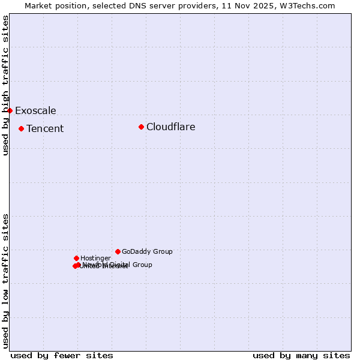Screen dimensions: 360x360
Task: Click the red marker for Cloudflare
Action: pyautogui.click(x=141, y=127)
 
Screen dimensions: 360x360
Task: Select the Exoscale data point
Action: pyautogui.click(x=10, y=110)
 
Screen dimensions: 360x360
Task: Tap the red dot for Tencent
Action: pyautogui.click(x=21, y=128)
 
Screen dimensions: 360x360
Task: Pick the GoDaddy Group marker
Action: pyautogui.click(x=118, y=251)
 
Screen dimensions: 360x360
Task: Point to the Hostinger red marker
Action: pyautogui.click(x=76, y=258)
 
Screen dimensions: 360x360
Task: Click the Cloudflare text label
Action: pyautogui.click(x=170, y=127)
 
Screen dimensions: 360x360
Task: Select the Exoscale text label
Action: pyautogui.click(x=35, y=110)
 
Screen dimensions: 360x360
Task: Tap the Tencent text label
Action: pyautogui.click(x=45, y=128)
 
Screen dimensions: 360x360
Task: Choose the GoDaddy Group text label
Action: pyautogui.click(x=147, y=251)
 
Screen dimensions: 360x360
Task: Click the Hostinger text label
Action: pyautogui.click(x=95, y=258)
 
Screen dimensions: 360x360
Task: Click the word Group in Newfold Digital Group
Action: pyautogui.click(x=142, y=265)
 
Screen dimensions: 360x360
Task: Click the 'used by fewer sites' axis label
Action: pyautogui.click(x=62, y=355)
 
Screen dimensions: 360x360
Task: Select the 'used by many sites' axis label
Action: pyautogui.click(x=301, y=355)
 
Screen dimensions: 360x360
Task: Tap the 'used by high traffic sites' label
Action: pyautogui.click(x=5, y=85)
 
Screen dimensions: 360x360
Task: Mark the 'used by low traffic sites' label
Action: pyautogui.click(x=5, y=281)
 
